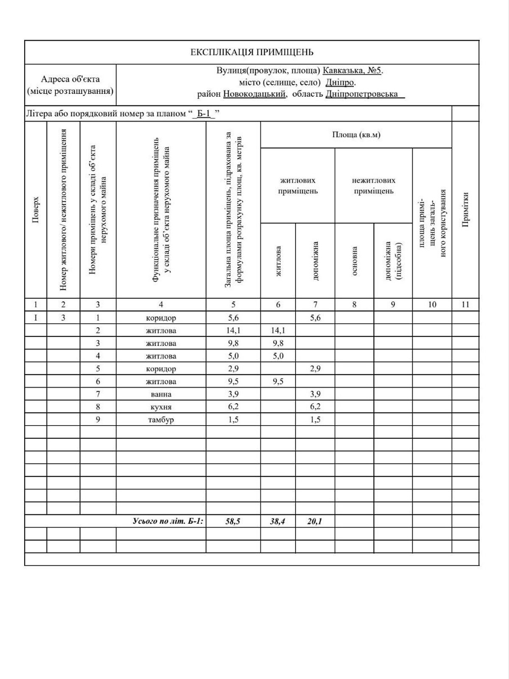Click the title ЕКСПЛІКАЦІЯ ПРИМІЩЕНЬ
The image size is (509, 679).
[x=252, y=53]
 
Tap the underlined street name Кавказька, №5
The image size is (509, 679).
[x=353, y=71]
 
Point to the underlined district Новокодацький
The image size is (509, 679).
[x=254, y=94]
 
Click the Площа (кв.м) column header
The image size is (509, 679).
[x=356, y=135]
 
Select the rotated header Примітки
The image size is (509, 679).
[x=466, y=210]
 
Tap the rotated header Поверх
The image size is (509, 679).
[x=36, y=210]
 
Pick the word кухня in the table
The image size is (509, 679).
[x=161, y=407]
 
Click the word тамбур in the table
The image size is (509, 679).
[x=161, y=420]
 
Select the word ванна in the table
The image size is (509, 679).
[x=161, y=394]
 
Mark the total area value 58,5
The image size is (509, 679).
[x=233, y=522]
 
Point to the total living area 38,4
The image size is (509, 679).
[x=278, y=522]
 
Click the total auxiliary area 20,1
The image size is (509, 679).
[x=315, y=522]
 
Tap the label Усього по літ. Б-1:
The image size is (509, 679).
[x=168, y=522]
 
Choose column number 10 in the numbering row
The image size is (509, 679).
[x=432, y=304]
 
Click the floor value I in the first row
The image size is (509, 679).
[x=36, y=317]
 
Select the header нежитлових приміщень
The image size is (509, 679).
[x=374, y=186]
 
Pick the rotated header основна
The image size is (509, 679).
[x=355, y=261]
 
